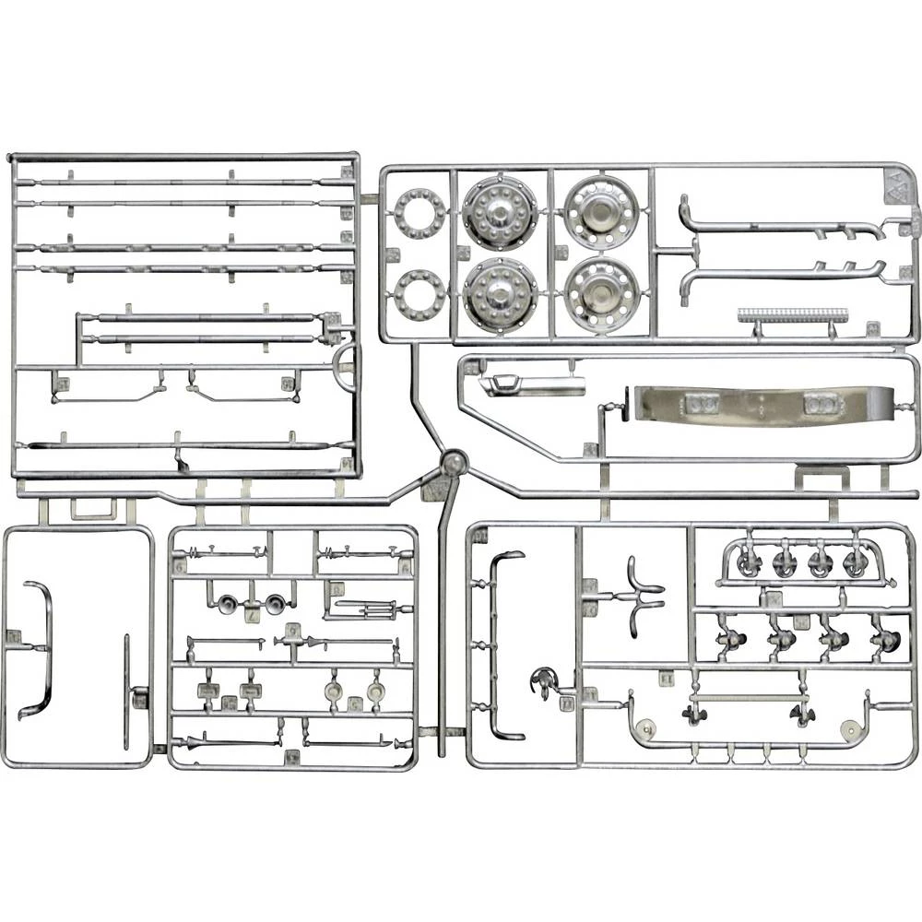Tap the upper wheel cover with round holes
point(600,213)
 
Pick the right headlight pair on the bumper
point(821,403)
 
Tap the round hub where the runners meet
point(453,463)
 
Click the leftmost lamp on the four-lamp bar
point(748,562)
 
